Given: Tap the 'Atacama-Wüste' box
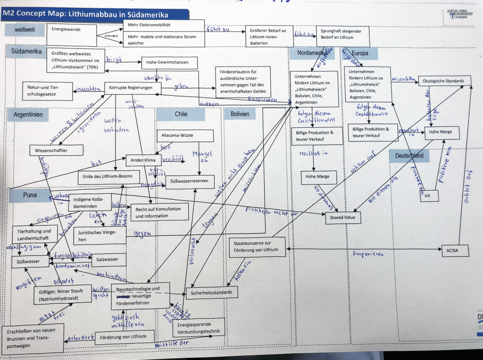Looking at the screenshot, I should pos(185,136).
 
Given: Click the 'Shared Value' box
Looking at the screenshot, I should pos(343,218).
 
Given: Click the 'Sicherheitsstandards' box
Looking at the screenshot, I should pos(212,293).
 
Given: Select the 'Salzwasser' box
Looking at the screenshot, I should pos(108,260).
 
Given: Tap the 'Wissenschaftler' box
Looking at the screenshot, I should pos(56,151).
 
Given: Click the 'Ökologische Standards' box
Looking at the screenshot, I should pos(444,81).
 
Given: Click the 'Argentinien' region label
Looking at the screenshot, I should pos(28,115).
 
